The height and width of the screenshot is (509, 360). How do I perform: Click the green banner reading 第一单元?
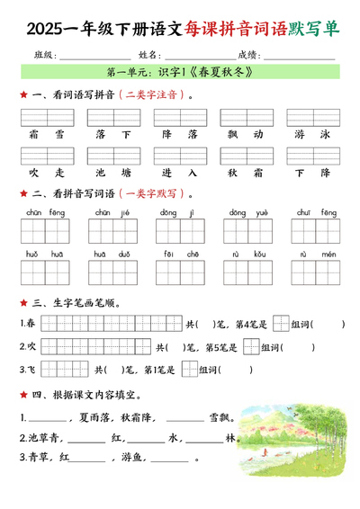pyautogui.click(x=179, y=72)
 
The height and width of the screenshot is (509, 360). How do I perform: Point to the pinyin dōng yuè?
pyautogui.click(x=245, y=212)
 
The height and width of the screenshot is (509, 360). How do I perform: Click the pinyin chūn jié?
pyautogui.click(x=112, y=212)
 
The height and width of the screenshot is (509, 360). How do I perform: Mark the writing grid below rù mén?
pyautogui.click(x=312, y=272)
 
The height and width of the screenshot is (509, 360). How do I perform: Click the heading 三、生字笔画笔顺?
pyautogui.click(x=76, y=303)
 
